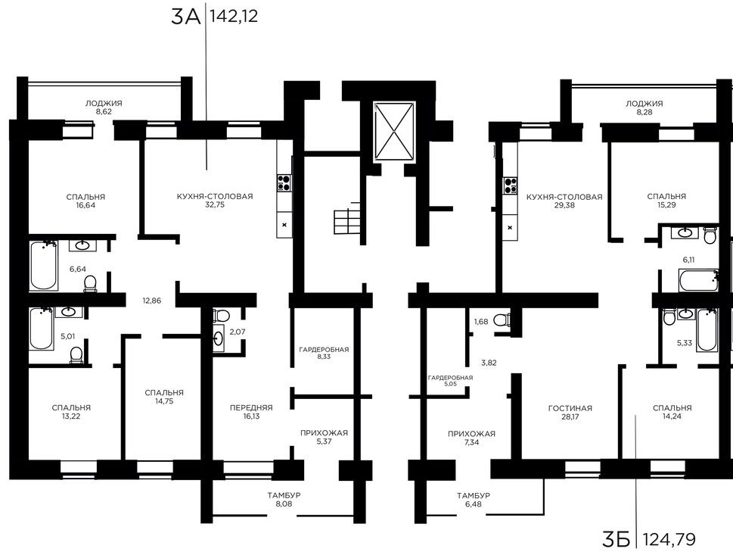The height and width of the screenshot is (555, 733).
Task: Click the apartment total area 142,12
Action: click(234, 17)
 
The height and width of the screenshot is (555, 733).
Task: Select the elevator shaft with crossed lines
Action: click(394, 132)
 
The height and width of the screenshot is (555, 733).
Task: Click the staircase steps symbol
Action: click(347, 222)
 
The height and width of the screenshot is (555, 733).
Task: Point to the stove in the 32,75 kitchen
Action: click(284, 182)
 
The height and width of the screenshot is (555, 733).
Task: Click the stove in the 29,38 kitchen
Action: click(510, 185)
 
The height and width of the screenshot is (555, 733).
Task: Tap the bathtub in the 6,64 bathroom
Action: click(44, 265)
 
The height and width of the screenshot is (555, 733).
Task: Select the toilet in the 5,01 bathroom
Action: click(76, 354)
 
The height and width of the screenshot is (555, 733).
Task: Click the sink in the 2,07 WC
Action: click(219, 338)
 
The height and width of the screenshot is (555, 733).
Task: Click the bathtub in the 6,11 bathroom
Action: click(698, 280)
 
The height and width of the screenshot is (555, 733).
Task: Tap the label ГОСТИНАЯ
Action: click(570, 409)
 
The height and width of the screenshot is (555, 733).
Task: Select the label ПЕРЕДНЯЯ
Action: click(251, 407)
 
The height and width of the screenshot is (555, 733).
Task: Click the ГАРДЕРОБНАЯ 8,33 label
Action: click(324, 353)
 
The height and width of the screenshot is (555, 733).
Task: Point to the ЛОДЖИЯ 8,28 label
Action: click(644, 108)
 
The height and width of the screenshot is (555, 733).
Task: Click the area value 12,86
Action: click(152, 301)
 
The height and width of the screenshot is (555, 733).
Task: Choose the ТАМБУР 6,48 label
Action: click(473, 500)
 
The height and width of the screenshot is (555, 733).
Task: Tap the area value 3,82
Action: click(489, 363)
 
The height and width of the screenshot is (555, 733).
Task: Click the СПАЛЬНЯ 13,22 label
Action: click(71, 412)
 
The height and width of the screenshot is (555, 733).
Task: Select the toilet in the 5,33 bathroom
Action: click(669, 316)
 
